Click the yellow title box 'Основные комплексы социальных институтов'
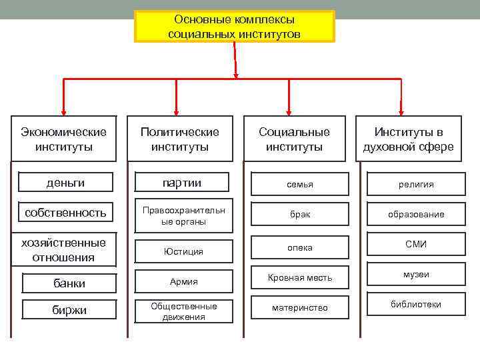[x=234, y=27]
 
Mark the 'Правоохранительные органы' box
[x=183, y=215]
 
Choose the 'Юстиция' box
[x=183, y=251]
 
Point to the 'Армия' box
[x=183, y=282]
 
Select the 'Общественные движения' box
[x=183, y=311]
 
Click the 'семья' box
[x=300, y=184]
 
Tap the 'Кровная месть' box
[x=300, y=277]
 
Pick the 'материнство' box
[x=300, y=308]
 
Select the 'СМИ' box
[x=416, y=245]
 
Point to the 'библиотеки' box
[x=416, y=305]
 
